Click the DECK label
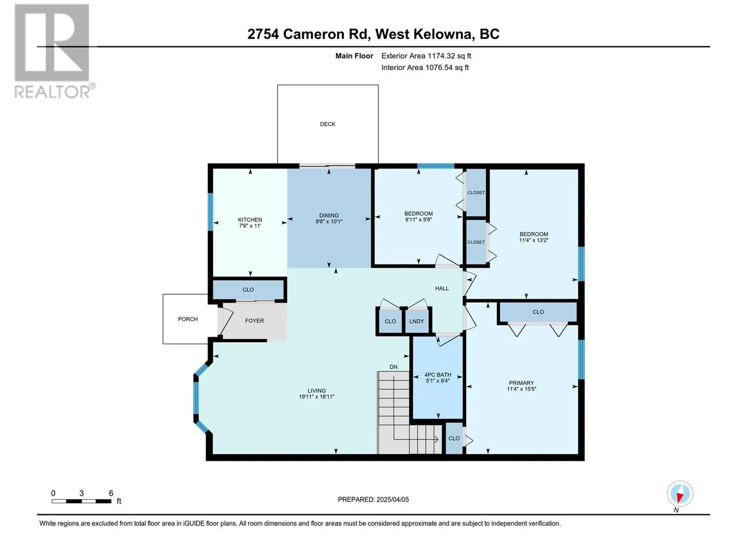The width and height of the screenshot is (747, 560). click(327, 124)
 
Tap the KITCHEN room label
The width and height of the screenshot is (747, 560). click(250, 220)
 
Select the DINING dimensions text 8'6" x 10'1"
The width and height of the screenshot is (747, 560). click(329, 222)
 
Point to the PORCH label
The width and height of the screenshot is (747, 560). click(188, 319)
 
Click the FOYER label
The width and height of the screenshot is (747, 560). click(254, 321)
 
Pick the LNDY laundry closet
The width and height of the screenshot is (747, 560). click(416, 321)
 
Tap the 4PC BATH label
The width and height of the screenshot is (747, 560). click(437, 375)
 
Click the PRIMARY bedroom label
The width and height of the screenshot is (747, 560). click(521, 383)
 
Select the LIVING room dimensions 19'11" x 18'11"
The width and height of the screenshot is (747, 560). click(317, 397)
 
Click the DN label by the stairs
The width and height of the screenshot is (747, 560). click(394, 367)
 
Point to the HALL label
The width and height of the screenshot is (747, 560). click(442, 288)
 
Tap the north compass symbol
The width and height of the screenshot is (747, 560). click(680, 494)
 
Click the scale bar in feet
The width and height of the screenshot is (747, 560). click(81, 501)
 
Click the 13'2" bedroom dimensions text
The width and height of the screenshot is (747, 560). click(534, 240)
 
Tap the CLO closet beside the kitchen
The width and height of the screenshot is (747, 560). click(248, 290)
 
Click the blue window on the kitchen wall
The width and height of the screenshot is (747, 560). click(211, 212)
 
